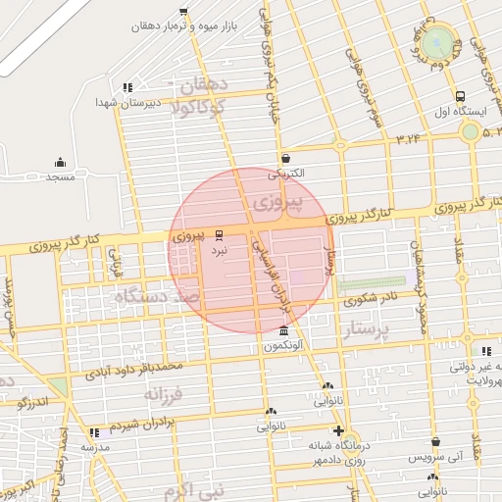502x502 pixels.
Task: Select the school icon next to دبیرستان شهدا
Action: [127, 88]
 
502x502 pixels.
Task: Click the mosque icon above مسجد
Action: [60, 162]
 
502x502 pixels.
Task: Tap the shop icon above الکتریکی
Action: [285, 158]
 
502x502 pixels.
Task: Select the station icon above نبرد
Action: [219, 234]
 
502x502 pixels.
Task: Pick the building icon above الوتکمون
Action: [284, 331]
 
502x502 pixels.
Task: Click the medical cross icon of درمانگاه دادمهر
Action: [338, 430]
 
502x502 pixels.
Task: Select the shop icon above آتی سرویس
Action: [435, 442]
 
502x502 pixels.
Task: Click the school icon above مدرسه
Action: [94, 432]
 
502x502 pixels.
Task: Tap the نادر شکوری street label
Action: [374, 299]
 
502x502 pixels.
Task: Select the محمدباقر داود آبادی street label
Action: [134, 370]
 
